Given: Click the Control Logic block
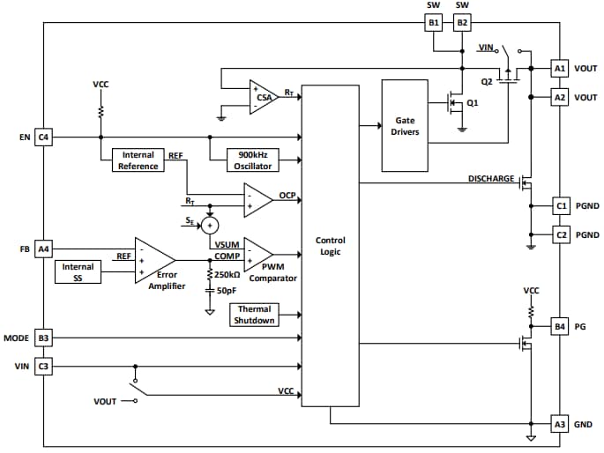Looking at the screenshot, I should coord(330,246).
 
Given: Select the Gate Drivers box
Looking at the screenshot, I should coord(406,126).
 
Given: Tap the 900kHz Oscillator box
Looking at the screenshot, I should coord(253,160).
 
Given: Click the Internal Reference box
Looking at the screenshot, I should coord(138,160).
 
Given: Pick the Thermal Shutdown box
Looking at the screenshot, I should coord(254,315).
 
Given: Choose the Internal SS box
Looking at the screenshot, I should coord(78,272).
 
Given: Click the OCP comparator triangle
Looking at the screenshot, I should coord(257,199).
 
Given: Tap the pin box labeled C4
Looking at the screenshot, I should coord(43,137).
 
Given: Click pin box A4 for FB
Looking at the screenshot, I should coord(43,249).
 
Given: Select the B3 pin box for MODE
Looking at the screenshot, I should coord(43,338).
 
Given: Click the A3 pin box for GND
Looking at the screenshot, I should coord(560,424).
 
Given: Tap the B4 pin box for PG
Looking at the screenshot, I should coord(560,327).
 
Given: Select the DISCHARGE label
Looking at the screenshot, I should coord(490,179).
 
